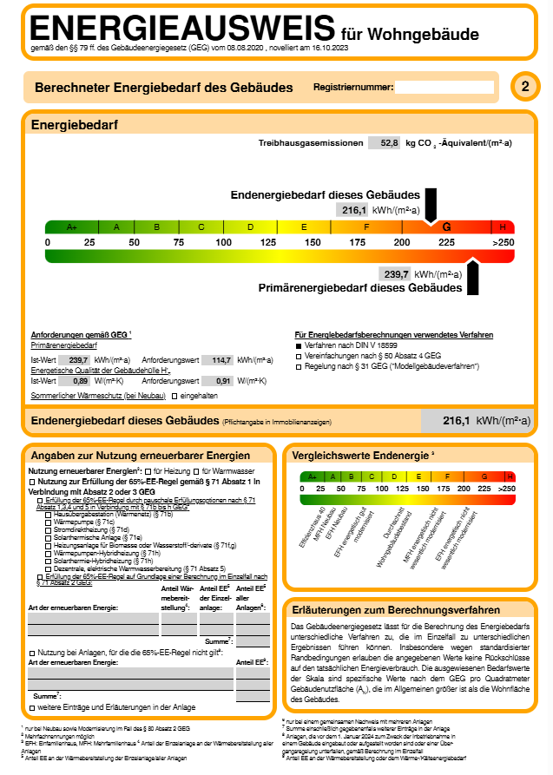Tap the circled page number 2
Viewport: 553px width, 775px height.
coord(524,87)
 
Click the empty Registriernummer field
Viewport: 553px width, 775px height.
coord(444,87)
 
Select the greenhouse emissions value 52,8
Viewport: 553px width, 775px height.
coord(384,142)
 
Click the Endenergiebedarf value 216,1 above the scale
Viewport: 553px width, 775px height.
coord(352,210)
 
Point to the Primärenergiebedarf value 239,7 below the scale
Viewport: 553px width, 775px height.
coord(395,273)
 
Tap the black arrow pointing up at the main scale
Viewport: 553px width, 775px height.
coord(473,275)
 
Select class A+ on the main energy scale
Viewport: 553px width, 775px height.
coord(72,227)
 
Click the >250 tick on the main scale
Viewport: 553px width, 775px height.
coord(504,241)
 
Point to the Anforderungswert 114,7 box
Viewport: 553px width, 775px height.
coord(218,359)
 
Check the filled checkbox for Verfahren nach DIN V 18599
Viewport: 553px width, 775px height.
coord(299,345)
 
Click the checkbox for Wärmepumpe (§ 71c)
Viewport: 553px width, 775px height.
coord(48,522)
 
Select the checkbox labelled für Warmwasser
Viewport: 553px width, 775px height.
coord(195,470)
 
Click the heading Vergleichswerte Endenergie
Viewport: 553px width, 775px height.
coord(360,456)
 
